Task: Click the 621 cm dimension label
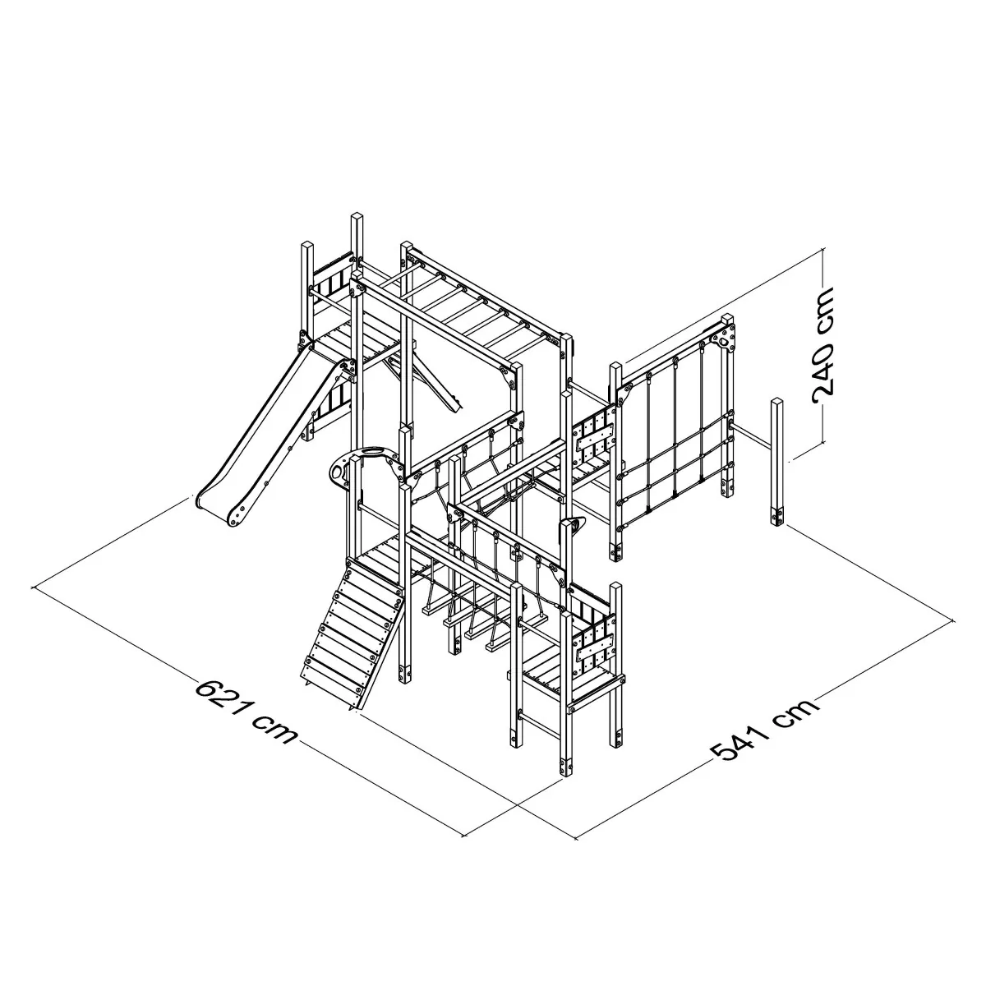(x=246, y=712)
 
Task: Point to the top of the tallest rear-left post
(x=357, y=216)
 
